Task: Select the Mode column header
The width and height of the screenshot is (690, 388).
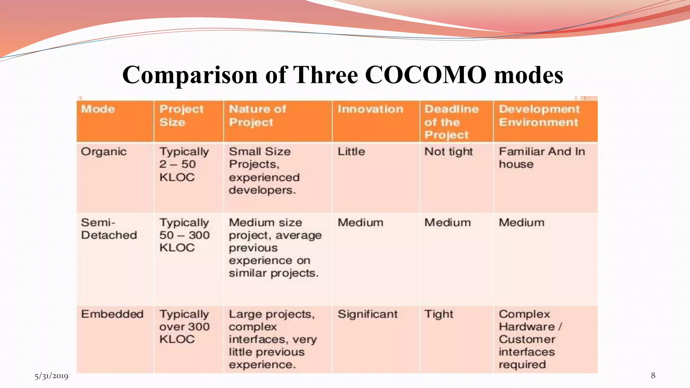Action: point(98,109)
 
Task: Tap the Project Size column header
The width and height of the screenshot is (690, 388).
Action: point(181,116)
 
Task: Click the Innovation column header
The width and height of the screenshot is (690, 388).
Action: point(370,109)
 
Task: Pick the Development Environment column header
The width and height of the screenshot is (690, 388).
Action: point(539,116)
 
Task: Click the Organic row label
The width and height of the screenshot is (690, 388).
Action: point(103,152)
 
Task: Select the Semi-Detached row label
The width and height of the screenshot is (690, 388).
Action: point(109,229)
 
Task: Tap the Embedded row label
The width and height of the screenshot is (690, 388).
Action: point(112,314)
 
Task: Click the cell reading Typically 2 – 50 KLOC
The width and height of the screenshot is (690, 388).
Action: point(184,164)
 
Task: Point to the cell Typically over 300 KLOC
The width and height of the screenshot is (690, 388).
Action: point(184,326)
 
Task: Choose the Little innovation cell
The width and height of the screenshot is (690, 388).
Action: point(351,152)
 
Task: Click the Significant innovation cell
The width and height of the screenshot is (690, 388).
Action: point(368,314)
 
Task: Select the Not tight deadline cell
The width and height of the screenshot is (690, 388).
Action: point(448,152)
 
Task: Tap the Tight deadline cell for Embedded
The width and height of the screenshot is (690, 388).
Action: point(438,314)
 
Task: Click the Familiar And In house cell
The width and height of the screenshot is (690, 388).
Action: point(541,158)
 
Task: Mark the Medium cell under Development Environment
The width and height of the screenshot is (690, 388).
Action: point(521,223)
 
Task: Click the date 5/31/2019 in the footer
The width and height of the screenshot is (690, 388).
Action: point(51,376)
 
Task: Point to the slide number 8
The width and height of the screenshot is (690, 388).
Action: point(653,375)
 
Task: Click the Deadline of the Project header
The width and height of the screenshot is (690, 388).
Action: point(451,122)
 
